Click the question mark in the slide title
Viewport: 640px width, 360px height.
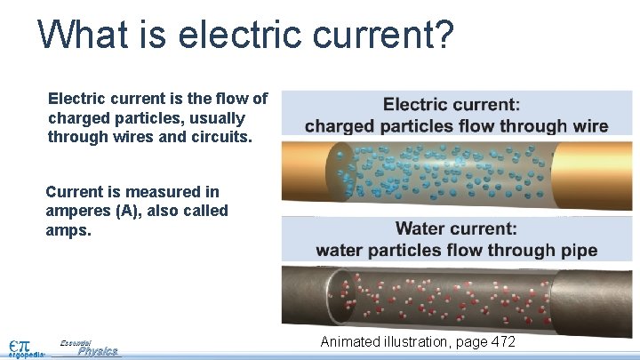[x=442, y=36]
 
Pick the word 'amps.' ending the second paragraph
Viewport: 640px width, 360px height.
[x=66, y=230]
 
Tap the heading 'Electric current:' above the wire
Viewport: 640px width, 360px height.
[x=452, y=105]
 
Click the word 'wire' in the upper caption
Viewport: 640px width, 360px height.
[x=590, y=125]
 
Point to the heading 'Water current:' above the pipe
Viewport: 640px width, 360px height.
[x=456, y=229]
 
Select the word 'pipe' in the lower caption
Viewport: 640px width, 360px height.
[x=579, y=250]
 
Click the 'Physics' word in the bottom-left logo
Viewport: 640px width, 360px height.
[x=97, y=351]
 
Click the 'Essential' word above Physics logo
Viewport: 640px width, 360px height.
[x=76, y=341]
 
